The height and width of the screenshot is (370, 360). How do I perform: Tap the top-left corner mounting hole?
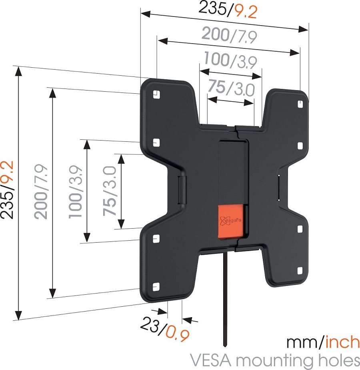pyautogui.click(x=157, y=94)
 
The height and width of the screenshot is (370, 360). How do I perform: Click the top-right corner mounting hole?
pyautogui.click(x=301, y=104)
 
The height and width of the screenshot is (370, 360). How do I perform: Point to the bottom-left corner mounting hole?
pyautogui.click(x=156, y=287)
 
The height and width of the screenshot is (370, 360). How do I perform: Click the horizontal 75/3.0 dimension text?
pyautogui.click(x=231, y=88)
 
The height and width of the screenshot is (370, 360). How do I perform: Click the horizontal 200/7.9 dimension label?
pyautogui.click(x=229, y=35)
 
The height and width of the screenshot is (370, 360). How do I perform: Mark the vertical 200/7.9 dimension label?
pyautogui.click(x=41, y=191)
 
